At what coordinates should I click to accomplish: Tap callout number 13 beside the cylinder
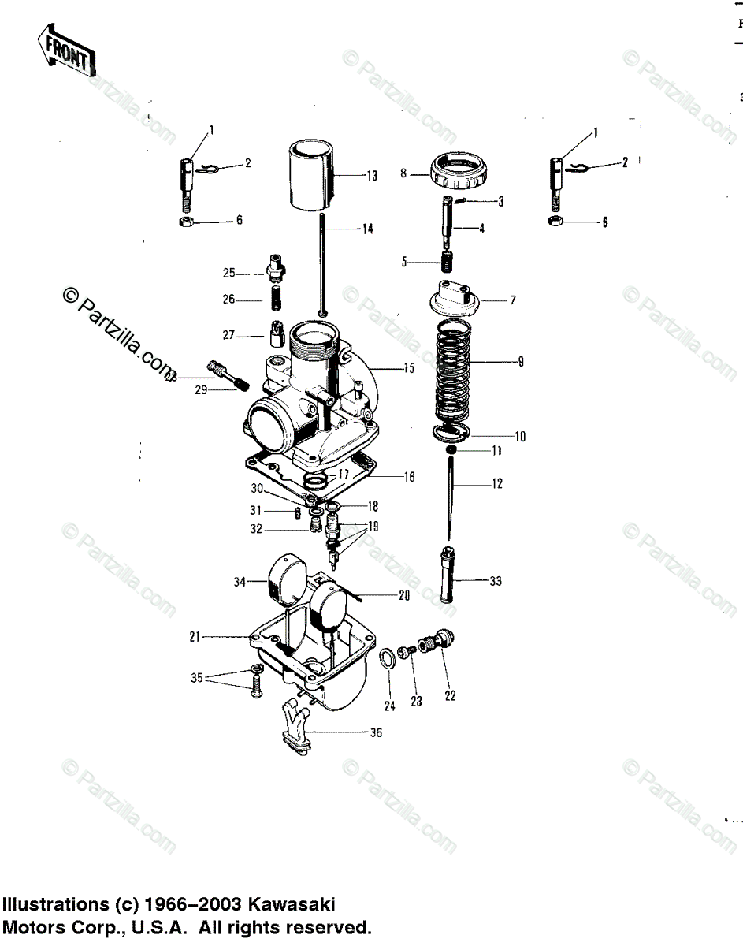373,176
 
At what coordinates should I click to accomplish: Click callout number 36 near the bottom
376,733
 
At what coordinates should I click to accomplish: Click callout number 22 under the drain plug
449,696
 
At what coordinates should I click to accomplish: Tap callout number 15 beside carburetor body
409,367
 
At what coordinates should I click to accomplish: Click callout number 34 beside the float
240,582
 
